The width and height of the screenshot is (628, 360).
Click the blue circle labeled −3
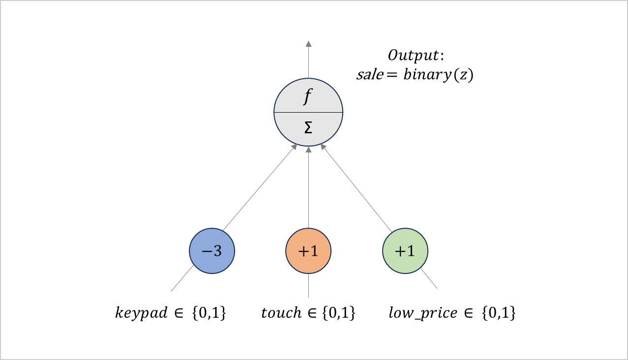click(x=212, y=251)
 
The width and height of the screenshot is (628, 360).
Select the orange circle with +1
click(x=308, y=251)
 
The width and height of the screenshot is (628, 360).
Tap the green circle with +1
click(x=405, y=251)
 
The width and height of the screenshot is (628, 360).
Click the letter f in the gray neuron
click(x=308, y=96)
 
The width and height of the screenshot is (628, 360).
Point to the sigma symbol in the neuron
click(x=308, y=128)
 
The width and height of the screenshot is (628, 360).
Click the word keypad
click(x=141, y=313)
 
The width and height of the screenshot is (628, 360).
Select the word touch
click(x=281, y=313)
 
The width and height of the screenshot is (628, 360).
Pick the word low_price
click(x=423, y=313)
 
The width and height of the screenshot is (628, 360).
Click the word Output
click(x=414, y=55)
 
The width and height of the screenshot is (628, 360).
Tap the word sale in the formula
click(x=370, y=75)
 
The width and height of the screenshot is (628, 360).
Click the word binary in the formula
click(x=427, y=75)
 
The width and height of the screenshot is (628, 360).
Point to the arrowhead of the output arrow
click(x=309, y=44)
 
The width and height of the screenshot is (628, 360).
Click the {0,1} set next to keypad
click(x=209, y=313)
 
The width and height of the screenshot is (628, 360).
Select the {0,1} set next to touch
click(x=339, y=313)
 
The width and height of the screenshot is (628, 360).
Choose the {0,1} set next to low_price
click(x=499, y=313)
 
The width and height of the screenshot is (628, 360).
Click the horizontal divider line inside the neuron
click(x=308, y=113)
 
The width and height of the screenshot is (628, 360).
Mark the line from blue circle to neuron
click(x=260, y=187)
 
